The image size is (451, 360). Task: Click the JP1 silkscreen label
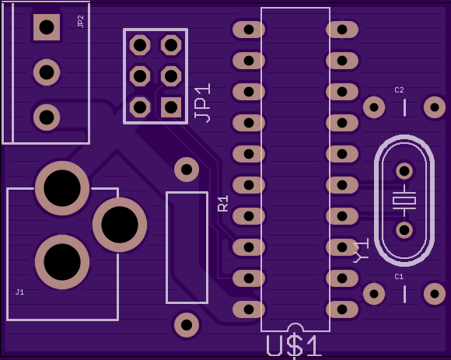202,103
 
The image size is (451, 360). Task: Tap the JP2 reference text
81,22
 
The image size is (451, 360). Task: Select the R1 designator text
223,203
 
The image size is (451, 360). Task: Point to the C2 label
399,90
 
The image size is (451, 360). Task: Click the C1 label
399,277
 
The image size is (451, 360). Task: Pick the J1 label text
19,292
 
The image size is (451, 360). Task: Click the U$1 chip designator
293,346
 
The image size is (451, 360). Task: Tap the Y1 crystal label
361,250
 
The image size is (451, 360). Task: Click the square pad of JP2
47,27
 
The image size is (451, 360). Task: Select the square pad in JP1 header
171,107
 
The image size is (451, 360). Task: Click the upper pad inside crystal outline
404,171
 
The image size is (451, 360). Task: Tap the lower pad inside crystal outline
404,230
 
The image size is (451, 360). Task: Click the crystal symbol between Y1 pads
404,201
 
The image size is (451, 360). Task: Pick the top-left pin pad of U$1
249,30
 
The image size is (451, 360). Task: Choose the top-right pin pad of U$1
342,30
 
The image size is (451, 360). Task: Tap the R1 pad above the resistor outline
187,170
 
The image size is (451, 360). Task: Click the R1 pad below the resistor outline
187,325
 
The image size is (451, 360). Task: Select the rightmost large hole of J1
120,225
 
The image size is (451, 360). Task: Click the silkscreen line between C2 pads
404,107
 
